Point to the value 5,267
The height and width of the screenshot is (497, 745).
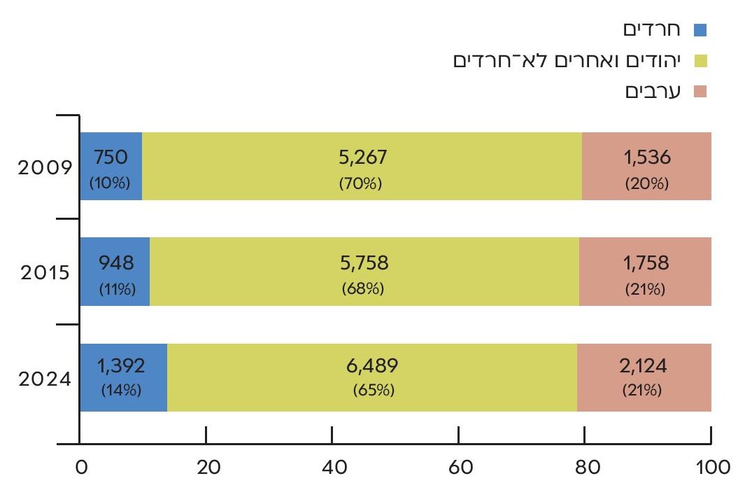tap(362, 158)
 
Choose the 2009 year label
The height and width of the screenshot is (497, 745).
tap(47, 169)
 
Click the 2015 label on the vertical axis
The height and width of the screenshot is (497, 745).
tap(47, 273)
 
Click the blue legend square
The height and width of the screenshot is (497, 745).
tap(700, 30)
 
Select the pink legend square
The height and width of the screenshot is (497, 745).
tap(700, 92)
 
